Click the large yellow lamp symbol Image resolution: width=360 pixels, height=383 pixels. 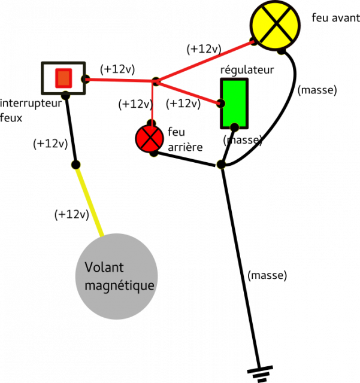pos(275,25)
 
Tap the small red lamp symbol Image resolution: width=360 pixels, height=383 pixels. pos(149,138)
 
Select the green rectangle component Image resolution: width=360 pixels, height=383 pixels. pos(234,102)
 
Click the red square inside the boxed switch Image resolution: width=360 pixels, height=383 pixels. pos(63,78)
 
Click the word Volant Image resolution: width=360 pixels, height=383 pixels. pos(104,268)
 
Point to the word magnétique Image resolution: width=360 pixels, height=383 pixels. pos(120,286)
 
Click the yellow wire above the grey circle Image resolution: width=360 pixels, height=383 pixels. pos(89,199)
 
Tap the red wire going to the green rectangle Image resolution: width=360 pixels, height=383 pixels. pos(188,92)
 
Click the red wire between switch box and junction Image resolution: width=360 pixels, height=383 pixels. pos(120,80)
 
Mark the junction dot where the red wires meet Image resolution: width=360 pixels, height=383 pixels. pos(156,81)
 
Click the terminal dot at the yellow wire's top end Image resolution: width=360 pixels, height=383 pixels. pos(75,164)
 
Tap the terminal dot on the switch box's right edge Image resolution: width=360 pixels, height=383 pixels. pos(86,79)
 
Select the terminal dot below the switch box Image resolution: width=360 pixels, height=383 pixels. pos(65,96)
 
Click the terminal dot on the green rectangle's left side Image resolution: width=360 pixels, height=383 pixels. pos(220,104)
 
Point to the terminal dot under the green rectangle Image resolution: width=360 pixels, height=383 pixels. pos(234,127)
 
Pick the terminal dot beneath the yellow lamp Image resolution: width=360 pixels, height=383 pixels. pos(281,51)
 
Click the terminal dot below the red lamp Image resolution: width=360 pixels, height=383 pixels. pos(153,154)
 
